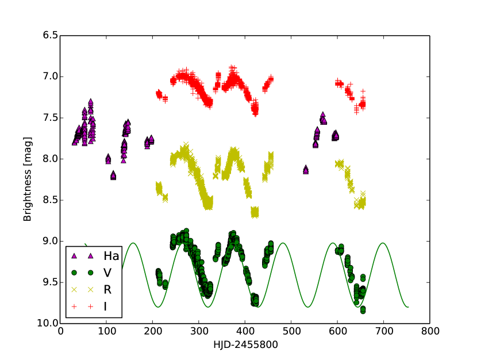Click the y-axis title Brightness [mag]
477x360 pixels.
tap(27, 179)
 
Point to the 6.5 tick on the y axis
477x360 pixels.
tap(51, 36)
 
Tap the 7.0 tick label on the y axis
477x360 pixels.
tap(51, 76)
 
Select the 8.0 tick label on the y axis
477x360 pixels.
tap(51, 159)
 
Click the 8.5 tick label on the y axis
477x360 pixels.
tap(51, 200)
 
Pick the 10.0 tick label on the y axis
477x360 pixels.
tap(49, 324)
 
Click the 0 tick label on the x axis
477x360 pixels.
tap(60, 331)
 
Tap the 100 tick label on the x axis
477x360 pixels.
tap(106, 331)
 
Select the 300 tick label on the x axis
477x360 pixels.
tap(199, 331)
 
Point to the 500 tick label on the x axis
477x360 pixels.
tap(291, 331)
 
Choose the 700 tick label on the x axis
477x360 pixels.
tap(383, 331)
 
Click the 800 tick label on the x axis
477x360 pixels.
tap(430, 331)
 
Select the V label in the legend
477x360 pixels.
tap(107, 273)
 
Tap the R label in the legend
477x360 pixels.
tap(107, 290)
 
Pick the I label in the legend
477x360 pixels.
tap(105, 307)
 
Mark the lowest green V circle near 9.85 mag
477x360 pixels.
tap(363, 311)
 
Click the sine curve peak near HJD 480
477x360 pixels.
tap(283, 243)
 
